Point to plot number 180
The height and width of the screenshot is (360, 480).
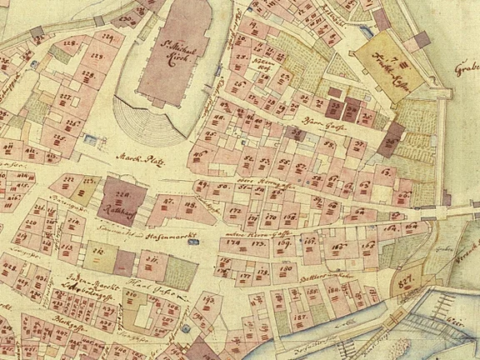[x=285, y=268]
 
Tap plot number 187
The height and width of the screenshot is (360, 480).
[x=299, y=317]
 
